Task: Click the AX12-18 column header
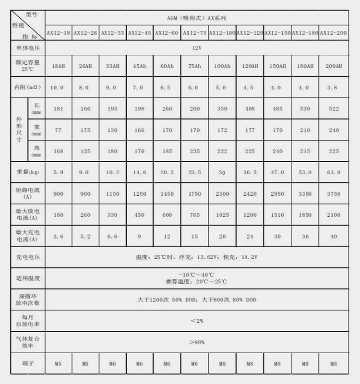click(58, 33)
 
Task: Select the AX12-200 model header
click(333, 33)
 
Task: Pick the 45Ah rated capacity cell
click(140, 65)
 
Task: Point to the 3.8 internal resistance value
click(333, 88)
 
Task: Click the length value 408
click(250, 109)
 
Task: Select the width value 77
click(58, 130)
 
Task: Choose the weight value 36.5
click(250, 172)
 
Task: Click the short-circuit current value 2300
click(222, 193)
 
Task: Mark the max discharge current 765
click(195, 215)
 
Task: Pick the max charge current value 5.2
click(85, 237)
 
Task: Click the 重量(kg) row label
click(27, 172)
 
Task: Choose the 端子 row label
click(27, 364)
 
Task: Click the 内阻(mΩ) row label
click(27, 88)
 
